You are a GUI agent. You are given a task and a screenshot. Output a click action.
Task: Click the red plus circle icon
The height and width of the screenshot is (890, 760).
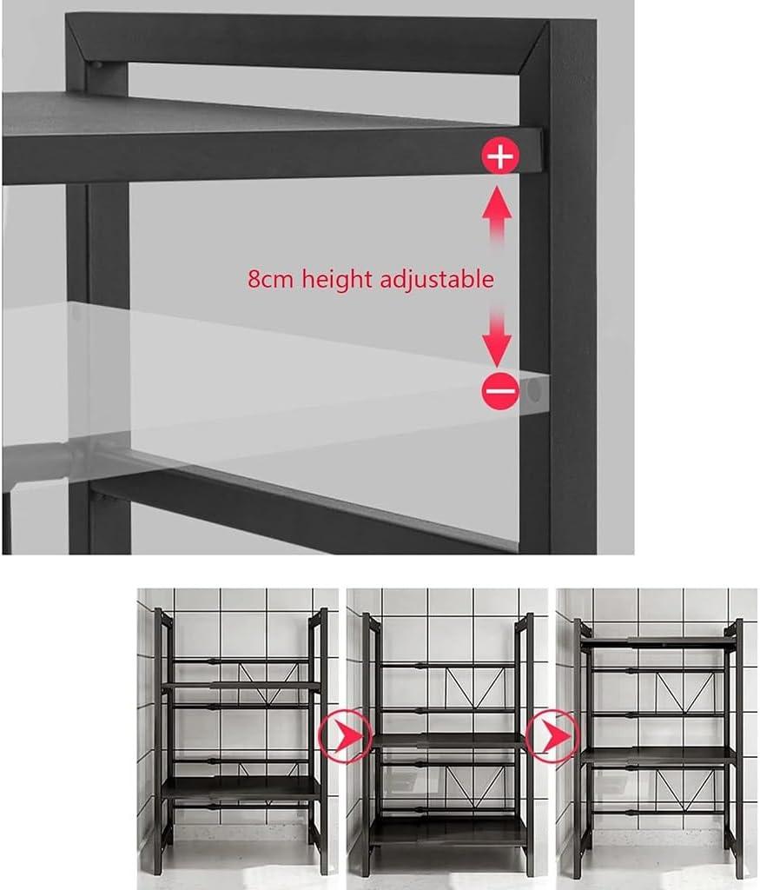(500, 157)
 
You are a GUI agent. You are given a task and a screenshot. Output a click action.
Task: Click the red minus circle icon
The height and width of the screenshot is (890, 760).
(500, 391)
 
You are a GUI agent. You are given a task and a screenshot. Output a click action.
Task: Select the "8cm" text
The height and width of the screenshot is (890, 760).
(272, 279)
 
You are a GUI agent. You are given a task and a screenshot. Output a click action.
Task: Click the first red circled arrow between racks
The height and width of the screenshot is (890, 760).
(345, 736)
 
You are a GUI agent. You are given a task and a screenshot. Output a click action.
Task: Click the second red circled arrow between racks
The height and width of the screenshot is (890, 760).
(552, 736)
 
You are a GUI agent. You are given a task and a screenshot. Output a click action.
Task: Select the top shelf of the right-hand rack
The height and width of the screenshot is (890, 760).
(658, 641)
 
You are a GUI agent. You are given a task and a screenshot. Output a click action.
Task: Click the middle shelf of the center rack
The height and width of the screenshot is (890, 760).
(448, 741)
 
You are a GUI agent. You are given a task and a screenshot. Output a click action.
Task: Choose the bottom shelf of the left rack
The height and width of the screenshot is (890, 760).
(241, 789)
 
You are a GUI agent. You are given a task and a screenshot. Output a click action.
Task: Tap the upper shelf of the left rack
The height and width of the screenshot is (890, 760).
(241, 686)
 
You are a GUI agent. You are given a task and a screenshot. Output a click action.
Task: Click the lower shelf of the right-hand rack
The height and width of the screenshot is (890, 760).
(658, 755)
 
